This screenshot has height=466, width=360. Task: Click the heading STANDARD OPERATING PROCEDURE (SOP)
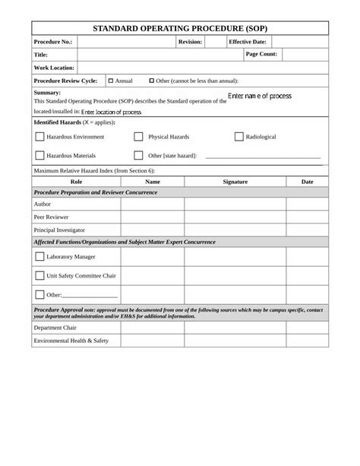tap(180, 27)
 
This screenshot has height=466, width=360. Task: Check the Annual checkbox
tap(111, 80)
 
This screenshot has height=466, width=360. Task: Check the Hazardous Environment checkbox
tap(39, 137)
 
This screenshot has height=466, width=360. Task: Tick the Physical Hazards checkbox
tap(138, 137)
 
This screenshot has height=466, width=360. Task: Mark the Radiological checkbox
tap(238, 137)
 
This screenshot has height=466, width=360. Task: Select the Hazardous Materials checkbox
tap(39, 155)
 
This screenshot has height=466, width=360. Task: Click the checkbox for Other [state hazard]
tap(138, 155)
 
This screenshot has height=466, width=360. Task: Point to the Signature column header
tap(235, 182)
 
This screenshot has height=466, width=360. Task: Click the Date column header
tap(308, 182)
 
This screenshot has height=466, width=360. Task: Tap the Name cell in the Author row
tap(152, 204)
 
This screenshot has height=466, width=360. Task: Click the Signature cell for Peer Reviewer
tap(235, 217)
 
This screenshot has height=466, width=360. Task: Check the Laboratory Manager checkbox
tap(39, 256)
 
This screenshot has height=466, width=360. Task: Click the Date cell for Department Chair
tap(308, 328)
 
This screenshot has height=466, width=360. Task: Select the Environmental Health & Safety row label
tap(71, 341)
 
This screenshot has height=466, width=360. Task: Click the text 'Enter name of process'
tap(260, 97)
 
